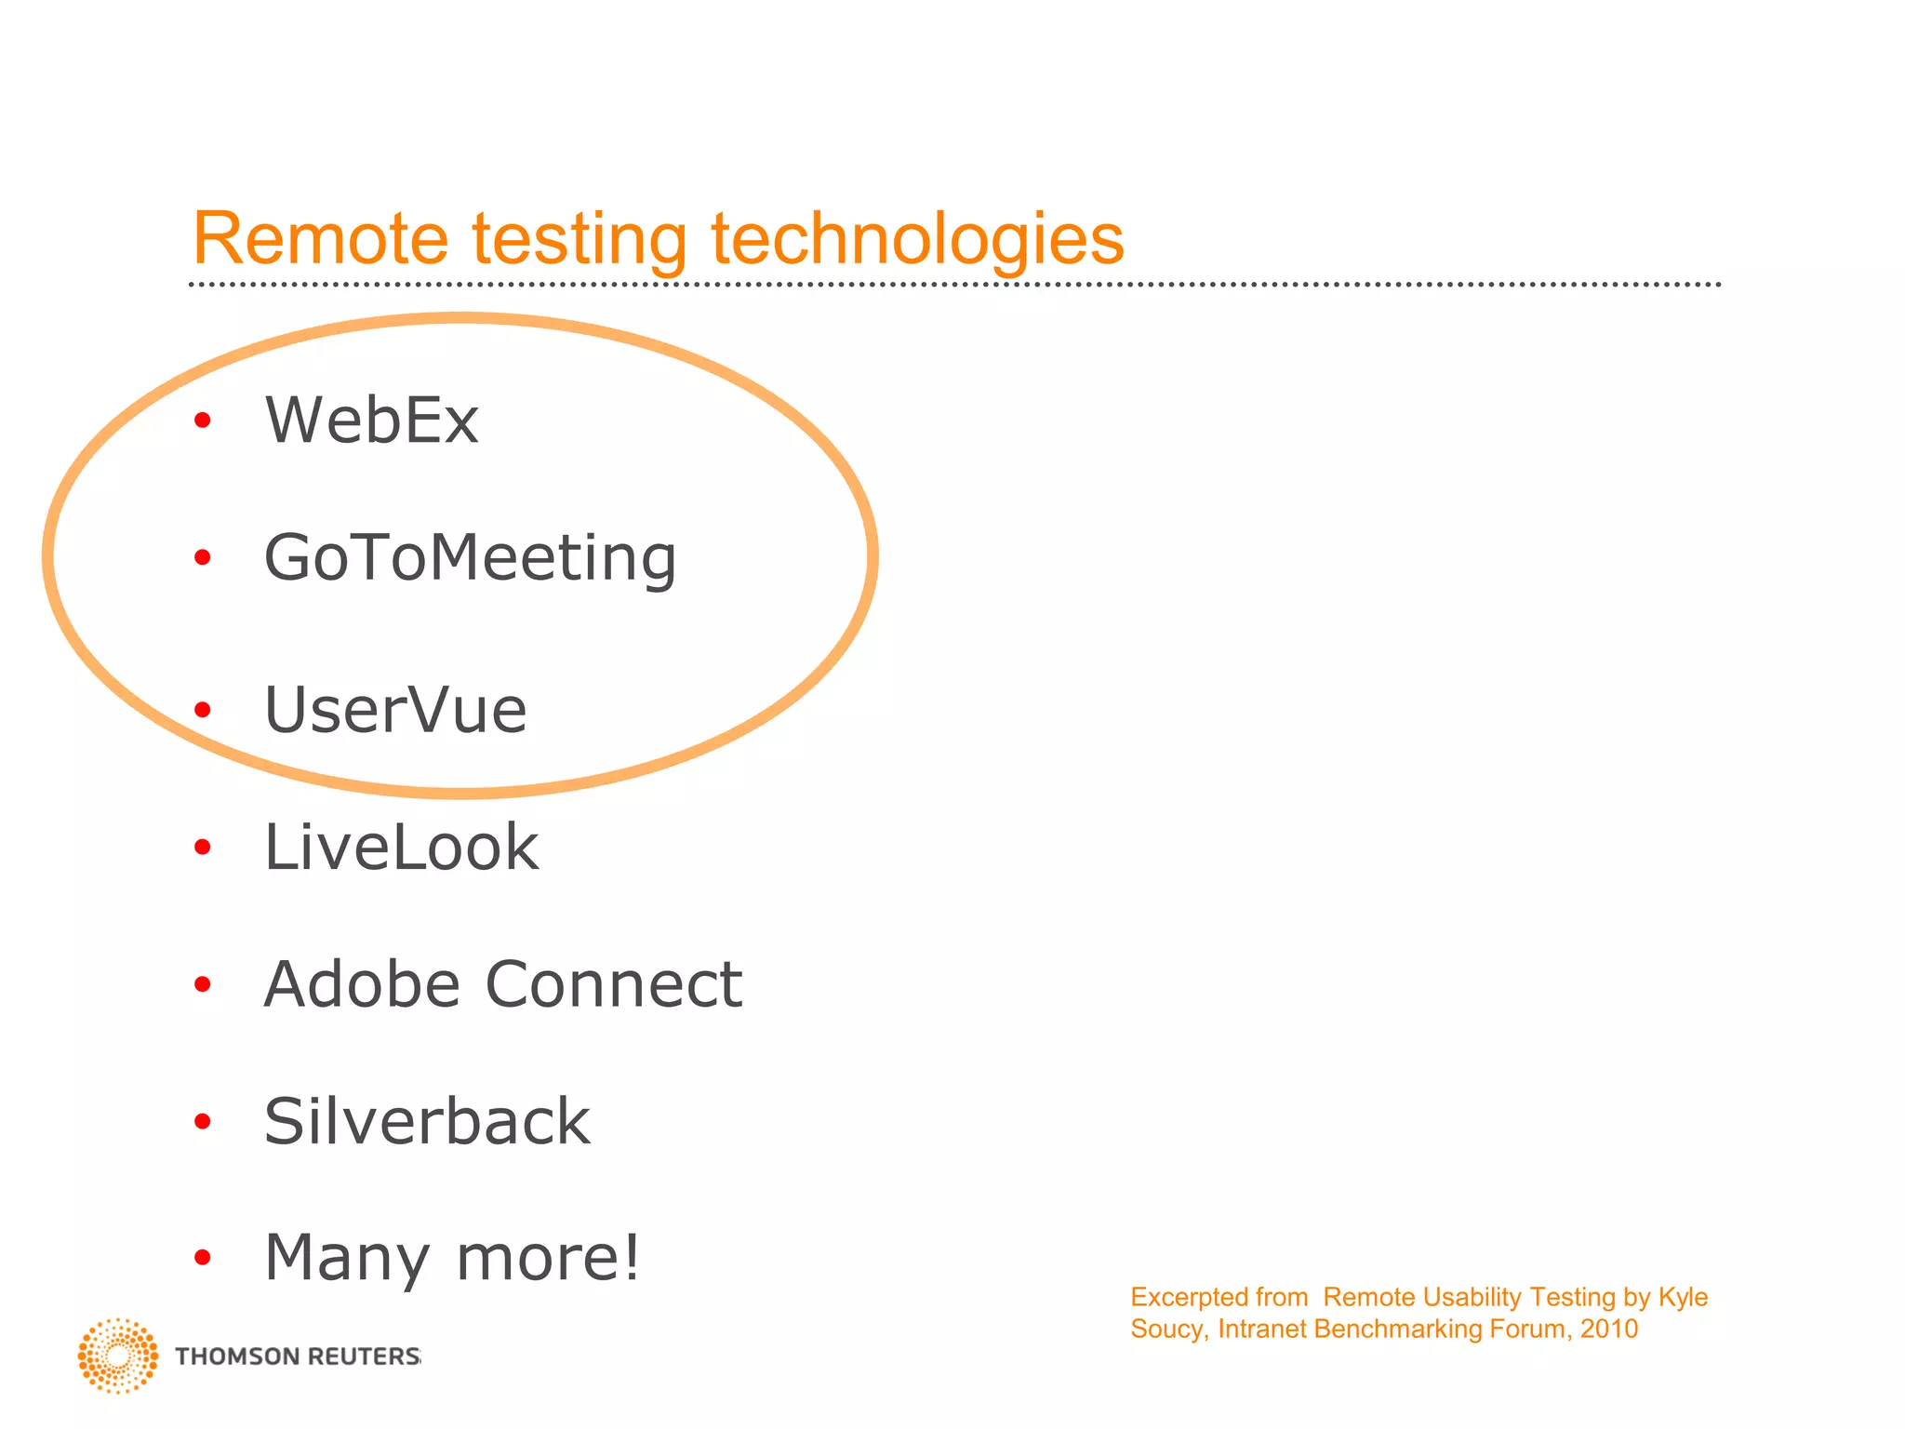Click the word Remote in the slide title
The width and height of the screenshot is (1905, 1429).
320,238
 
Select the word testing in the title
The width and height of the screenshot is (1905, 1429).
579,240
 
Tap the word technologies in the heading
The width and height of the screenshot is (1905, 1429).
917,240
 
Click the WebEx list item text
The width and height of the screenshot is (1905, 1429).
371,421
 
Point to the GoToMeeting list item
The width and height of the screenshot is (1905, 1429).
470,558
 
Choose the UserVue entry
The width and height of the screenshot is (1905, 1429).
395,711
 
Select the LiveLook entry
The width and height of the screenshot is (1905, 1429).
401,848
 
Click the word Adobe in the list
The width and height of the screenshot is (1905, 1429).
362,984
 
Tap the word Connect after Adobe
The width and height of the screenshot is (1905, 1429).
614,984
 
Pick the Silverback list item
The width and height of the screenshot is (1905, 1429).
427,1121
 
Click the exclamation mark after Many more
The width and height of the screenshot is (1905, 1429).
632,1256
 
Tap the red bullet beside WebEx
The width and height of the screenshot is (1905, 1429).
203,421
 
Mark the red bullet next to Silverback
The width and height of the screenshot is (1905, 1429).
203,1122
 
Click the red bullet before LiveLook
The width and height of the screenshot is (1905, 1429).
203,848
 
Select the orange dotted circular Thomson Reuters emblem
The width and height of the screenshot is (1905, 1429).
118,1356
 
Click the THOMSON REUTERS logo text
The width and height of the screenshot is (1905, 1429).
298,1356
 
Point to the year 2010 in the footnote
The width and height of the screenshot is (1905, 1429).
1609,1329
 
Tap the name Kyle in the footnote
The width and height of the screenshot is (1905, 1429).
1683,1297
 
